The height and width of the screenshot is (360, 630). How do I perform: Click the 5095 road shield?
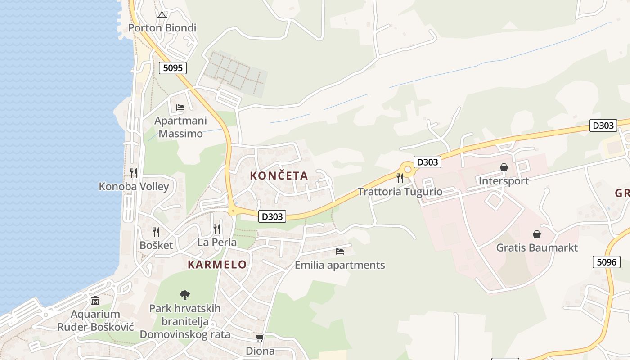click(x=173, y=68)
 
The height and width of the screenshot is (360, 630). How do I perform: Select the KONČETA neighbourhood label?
click(x=279, y=175)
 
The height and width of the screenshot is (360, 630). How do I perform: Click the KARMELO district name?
click(x=217, y=264)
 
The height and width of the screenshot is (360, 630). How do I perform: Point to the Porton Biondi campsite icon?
click(x=162, y=15)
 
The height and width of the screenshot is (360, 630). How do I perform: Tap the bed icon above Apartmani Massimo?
click(x=180, y=108)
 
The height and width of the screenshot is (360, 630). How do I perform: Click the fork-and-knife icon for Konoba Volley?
click(x=134, y=173)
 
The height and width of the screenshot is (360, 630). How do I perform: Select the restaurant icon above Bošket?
click(x=156, y=232)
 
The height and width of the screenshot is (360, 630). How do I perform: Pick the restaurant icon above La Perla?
click(x=217, y=229)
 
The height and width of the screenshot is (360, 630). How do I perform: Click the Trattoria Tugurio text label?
click(x=400, y=192)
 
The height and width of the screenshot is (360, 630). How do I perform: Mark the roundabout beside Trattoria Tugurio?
click(x=408, y=170)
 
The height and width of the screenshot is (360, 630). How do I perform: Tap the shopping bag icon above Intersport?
click(x=504, y=167)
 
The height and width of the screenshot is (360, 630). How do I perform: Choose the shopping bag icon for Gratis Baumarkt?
click(x=536, y=234)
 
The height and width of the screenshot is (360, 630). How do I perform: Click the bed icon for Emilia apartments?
click(x=340, y=252)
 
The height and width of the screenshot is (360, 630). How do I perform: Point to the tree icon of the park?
click(x=184, y=295)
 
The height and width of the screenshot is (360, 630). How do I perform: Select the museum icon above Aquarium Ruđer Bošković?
click(x=95, y=300)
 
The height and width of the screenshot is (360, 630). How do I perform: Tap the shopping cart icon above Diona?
click(x=260, y=337)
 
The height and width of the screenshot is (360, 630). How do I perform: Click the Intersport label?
click(x=504, y=181)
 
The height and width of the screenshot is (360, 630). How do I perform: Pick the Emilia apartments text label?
click(x=340, y=265)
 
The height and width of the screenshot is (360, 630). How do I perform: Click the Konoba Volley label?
click(x=134, y=186)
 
